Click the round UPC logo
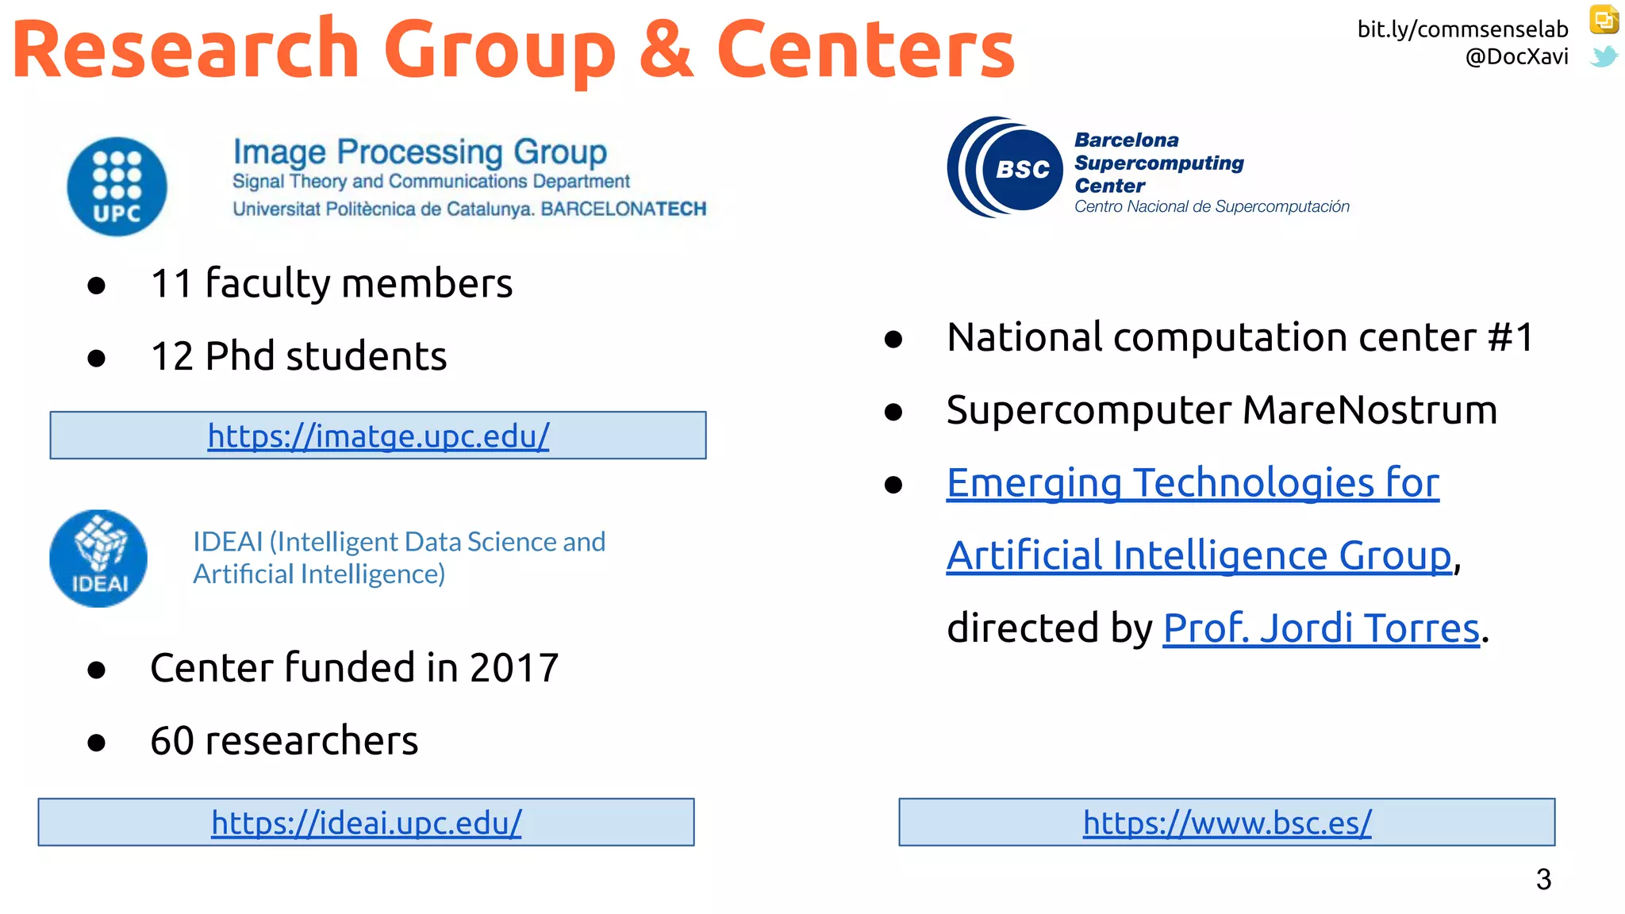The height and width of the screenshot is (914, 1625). (117, 186)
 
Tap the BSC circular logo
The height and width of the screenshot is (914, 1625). (1005, 167)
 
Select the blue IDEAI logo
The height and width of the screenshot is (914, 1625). (98, 559)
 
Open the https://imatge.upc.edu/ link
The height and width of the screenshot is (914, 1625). (378, 436)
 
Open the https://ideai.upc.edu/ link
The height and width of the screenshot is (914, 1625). (366, 823)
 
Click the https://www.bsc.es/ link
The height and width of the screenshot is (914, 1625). (1227, 823)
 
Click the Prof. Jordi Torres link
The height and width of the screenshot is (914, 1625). (1321, 628)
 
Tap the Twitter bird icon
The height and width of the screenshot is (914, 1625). (1604, 56)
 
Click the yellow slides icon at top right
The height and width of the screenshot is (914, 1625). (1604, 20)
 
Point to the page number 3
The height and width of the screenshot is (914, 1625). (1543, 879)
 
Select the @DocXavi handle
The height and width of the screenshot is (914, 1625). (1516, 57)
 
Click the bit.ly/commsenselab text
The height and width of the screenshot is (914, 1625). (1462, 29)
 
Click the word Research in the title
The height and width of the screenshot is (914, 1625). (186, 49)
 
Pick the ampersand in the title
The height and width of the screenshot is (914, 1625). (666, 49)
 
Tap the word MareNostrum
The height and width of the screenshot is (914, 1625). (1370, 410)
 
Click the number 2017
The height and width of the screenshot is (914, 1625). (514, 668)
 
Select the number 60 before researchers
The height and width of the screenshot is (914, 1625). (171, 741)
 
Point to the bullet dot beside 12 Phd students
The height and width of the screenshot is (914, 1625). (97, 359)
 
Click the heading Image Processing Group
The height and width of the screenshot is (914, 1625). (420, 152)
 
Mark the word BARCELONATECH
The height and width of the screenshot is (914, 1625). (623, 209)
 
